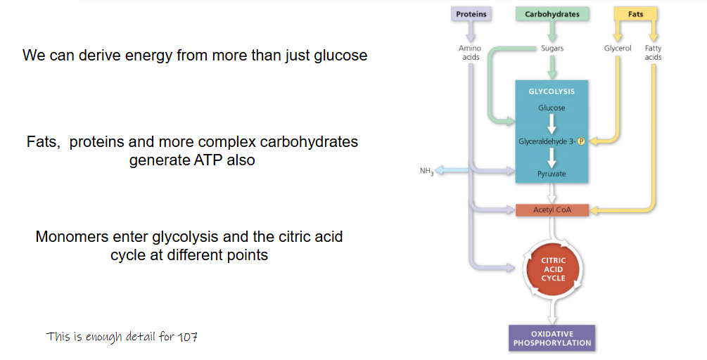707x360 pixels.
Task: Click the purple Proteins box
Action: point(471,13)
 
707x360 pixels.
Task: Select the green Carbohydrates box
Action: point(552,13)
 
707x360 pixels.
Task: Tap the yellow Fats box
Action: point(635,13)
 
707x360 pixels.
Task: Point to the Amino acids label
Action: point(471,53)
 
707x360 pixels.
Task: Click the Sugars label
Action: point(552,49)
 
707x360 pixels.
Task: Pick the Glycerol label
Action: point(618,49)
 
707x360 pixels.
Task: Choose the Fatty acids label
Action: point(653,53)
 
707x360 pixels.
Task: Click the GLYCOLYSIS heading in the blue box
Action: point(552,91)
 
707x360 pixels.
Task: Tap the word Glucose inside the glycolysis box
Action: point(552,108)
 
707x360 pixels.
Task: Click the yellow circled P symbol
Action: point(582,141)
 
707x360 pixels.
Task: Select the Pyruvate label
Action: point(552,174)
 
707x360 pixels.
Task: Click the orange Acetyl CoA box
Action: point(552,210)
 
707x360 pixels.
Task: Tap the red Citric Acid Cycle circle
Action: point(553,269)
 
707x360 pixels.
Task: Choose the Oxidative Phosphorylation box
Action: point(552,338)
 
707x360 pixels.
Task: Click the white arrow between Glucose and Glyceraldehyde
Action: point(552,124)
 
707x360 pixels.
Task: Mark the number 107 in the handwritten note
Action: point(188,337)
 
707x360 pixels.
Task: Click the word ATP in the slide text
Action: point(217,160)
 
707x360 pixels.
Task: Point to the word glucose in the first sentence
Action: point(340,55)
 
